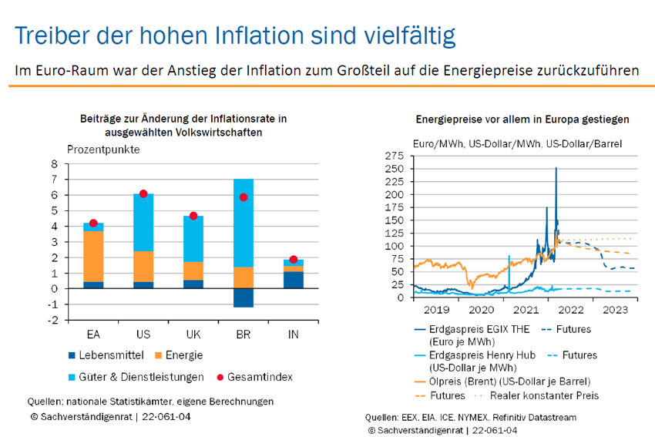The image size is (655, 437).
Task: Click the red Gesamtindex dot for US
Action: (x=143, y=193)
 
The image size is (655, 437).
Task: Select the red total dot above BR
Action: (x=244, y=197)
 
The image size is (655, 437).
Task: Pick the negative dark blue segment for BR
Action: (x=244, y=297)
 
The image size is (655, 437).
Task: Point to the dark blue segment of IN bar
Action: (x=294, y=280)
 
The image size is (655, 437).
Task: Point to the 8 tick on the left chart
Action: (x=54, y=163)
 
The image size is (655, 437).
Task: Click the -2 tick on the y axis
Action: (x=52, y=320)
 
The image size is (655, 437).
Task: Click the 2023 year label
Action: (x=615, y=311)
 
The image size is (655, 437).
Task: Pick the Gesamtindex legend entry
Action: (x=258, y=377)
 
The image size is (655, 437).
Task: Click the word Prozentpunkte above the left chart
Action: (x=103, y=150)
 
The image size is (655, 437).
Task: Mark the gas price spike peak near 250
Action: (x=556, y=169)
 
